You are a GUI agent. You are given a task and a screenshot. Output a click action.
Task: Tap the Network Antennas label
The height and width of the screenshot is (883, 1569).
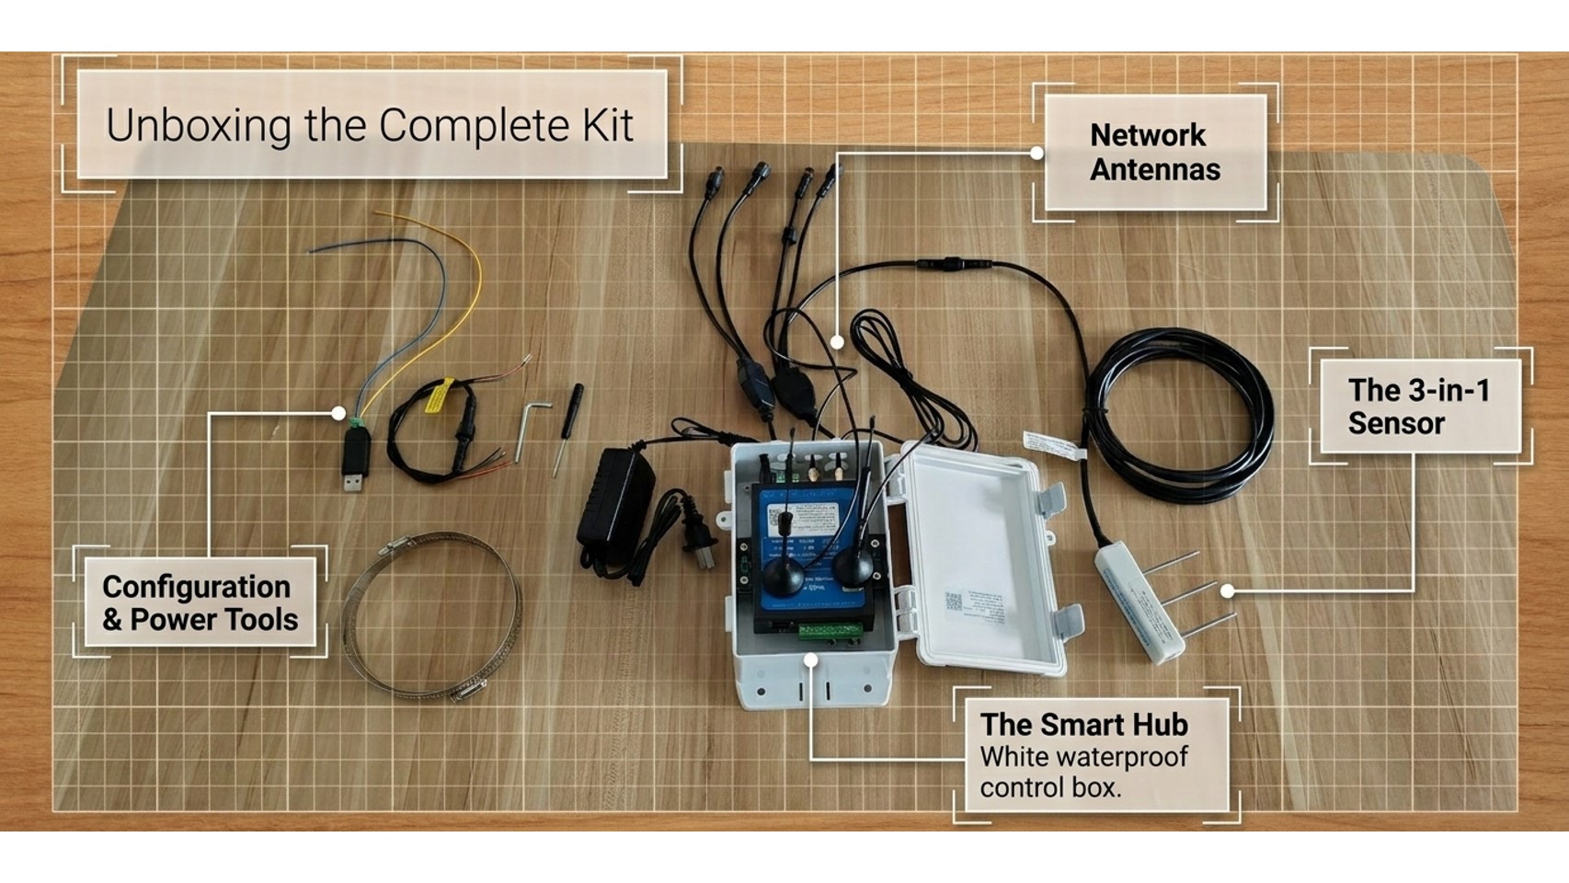(x=1154, y=153)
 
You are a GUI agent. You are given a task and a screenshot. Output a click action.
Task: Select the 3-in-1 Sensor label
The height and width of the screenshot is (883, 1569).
(x=1417, y=407)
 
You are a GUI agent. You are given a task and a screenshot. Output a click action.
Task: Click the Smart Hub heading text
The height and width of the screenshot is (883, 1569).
(x=1083, y=725)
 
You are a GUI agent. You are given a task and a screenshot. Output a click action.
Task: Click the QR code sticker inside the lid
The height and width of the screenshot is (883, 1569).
(x=953, y=602)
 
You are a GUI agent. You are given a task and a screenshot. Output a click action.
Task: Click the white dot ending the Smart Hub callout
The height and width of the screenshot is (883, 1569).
(x=810, y=659)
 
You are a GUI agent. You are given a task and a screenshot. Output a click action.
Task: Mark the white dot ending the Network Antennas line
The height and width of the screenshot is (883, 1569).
(x=837, y=342)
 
